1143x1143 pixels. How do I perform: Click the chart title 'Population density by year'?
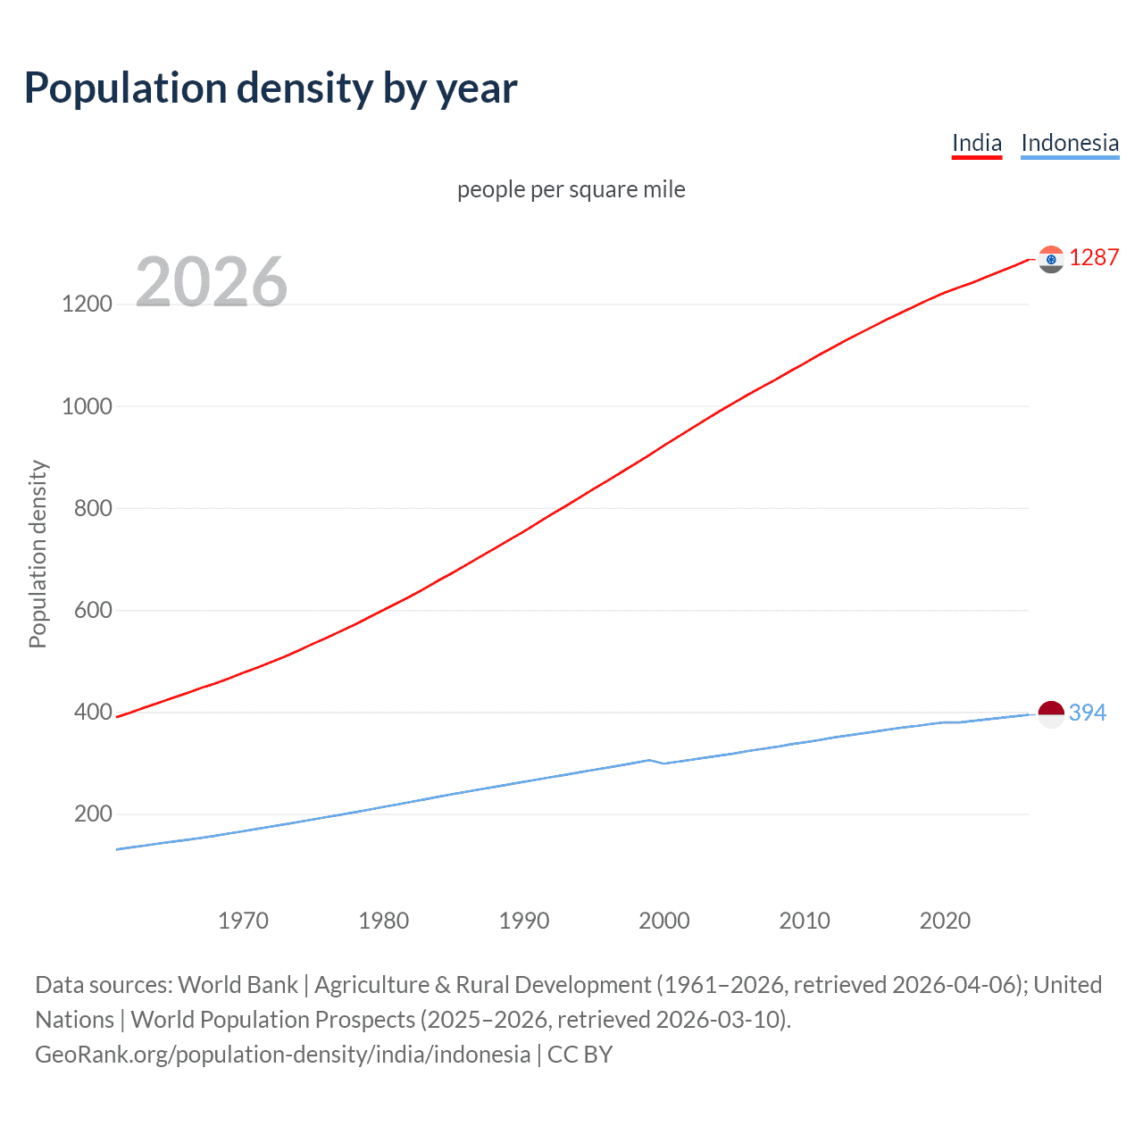click(271, 88)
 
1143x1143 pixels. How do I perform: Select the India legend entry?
click(976, 143)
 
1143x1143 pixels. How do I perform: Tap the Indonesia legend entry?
click(1069, 143)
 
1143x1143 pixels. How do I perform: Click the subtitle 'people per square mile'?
click(571, 189)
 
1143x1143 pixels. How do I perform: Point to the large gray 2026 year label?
click(212, 282)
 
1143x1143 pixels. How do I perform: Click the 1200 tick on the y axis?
click(87, 304)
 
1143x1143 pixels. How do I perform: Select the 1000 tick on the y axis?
click(87, 406)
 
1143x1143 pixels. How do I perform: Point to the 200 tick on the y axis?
click(93, 813)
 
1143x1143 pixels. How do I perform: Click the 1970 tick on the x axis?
click(243, 921)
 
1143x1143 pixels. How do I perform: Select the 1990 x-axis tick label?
click(524, 921)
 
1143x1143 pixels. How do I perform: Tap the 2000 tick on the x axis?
click(664, 921)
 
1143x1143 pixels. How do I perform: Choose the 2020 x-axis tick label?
click(945, 921)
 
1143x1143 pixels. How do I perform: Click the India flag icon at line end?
click(1051, 259)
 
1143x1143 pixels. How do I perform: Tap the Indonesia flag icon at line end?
click(1051, 713)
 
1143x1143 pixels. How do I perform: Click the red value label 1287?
click(1094, 258)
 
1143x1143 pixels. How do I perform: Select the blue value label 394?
click(1087, 713)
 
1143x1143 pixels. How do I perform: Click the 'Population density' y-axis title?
click(38, 554)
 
